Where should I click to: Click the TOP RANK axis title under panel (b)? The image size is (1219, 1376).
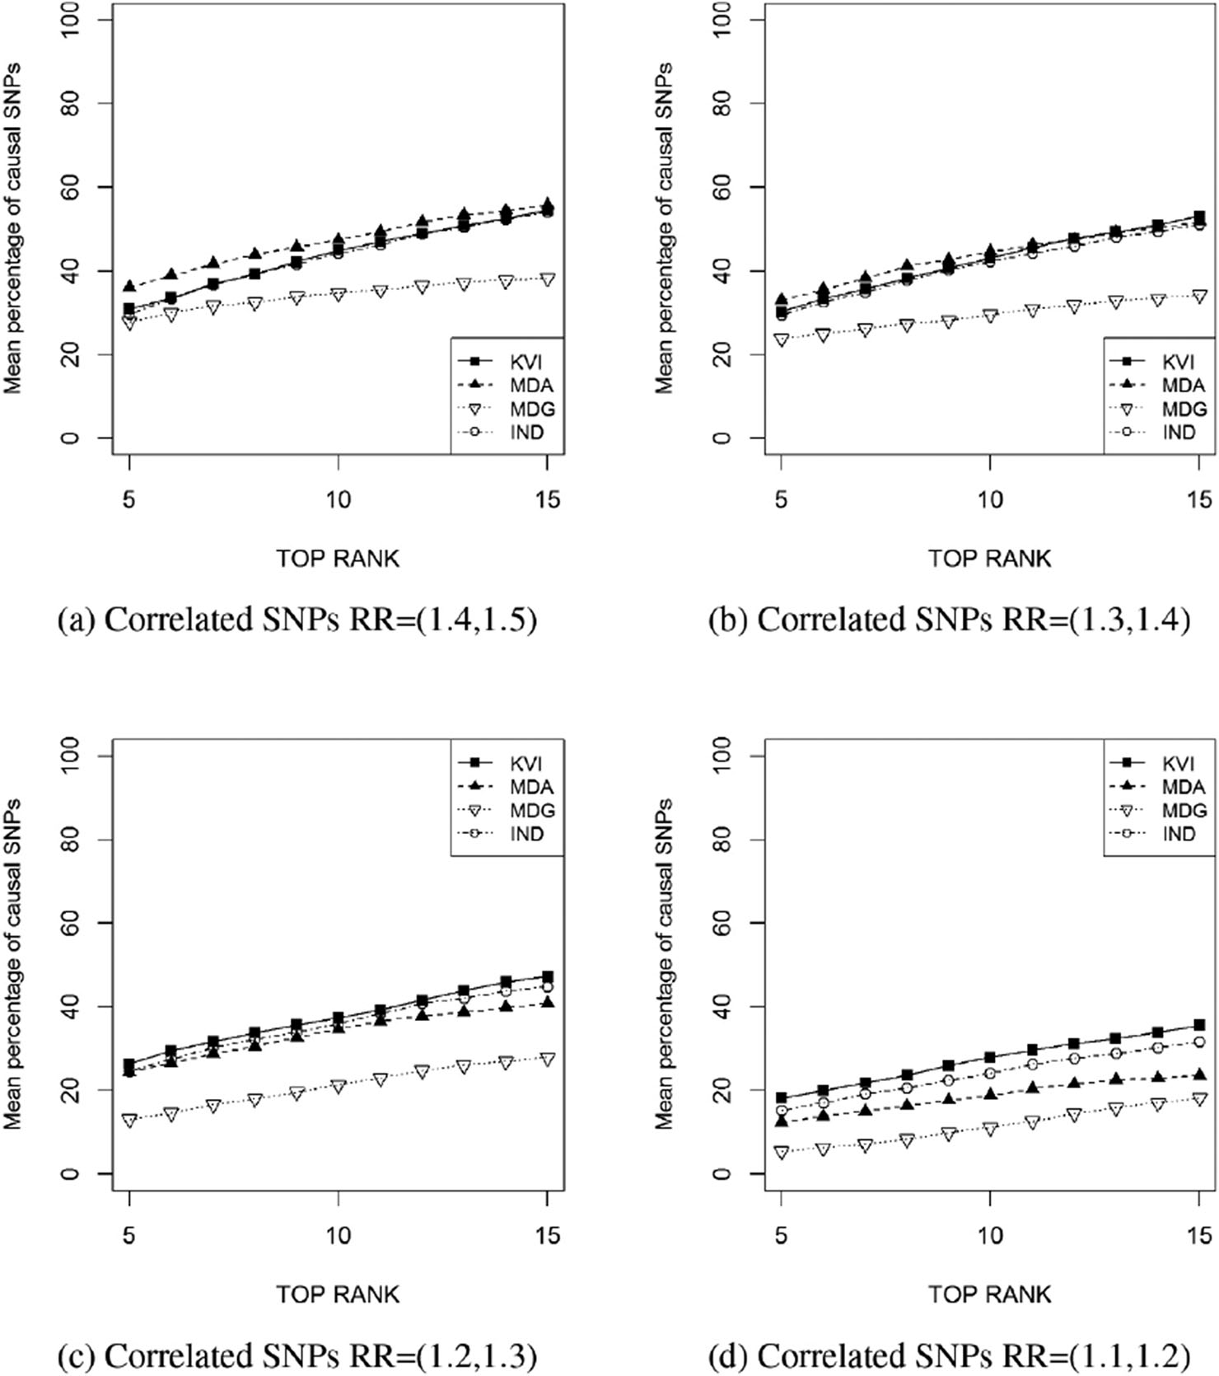click(990, 559)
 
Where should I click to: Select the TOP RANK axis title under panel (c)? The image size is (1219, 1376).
click(338, 1294)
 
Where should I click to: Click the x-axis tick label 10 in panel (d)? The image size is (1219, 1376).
click(990, 1236)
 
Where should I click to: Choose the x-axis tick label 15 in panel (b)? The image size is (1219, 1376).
click(1199, 500)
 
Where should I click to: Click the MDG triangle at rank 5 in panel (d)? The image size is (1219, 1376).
click(782, 1153)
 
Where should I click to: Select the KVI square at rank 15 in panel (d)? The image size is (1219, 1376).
click(1199, 1026)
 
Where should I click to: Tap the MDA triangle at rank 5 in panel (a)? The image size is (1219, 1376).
click(129, 286)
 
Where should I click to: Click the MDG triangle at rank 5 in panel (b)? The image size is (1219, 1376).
click(782, 339)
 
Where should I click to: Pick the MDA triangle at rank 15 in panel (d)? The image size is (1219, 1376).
click(1199, 1074)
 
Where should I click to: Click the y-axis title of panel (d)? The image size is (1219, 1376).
click(664, 964)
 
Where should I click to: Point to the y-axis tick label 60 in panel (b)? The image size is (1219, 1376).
click(723, 187)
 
